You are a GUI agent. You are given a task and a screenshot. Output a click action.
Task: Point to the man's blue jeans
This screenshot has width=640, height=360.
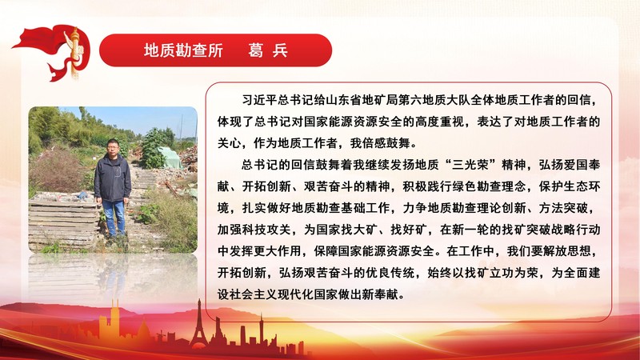coord(114,216)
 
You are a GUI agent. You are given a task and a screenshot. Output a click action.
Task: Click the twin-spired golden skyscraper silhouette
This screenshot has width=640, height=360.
coord(114,320)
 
